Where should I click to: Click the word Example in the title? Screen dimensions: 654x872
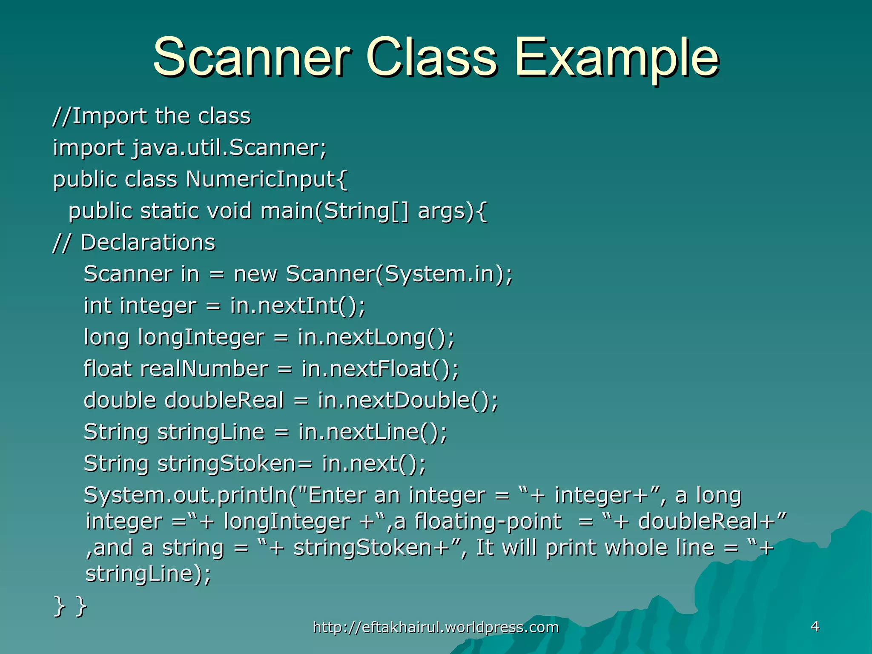coord(617,58)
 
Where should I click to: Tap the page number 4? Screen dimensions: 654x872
coord(815,626)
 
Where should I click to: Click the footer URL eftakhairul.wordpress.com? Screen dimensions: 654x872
coord(436,627)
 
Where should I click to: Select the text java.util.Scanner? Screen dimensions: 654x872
coord(229,148)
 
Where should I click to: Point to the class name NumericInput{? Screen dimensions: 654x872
coord(267,179)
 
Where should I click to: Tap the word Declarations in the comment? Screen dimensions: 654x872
coord(148,243)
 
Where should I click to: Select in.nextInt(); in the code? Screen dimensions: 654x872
coord(298,306)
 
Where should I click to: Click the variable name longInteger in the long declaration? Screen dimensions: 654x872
coord(201,337)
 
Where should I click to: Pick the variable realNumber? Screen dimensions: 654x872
coord(204,369)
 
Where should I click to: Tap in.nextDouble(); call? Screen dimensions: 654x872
coord(408,400)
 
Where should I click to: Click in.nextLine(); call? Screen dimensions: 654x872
coord(373,432)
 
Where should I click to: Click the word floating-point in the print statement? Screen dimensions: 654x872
coord(488,522)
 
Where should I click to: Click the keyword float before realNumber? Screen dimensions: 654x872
coord(107,369)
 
